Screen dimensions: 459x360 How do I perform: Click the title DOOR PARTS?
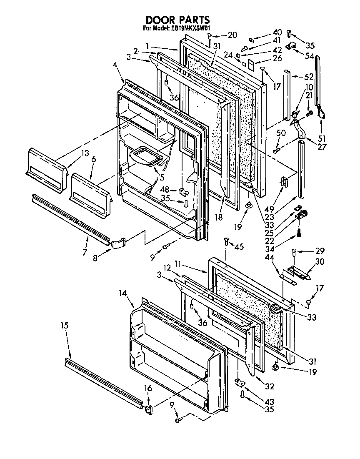pos(177,20)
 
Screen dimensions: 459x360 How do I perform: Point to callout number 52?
pos(309,77)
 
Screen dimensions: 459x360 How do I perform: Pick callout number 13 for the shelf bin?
pos(85,153)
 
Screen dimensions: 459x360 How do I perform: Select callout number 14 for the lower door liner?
pos(122,293)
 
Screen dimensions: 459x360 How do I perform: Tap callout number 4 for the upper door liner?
pos(115,65)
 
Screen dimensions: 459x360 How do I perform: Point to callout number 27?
pos(322,146)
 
